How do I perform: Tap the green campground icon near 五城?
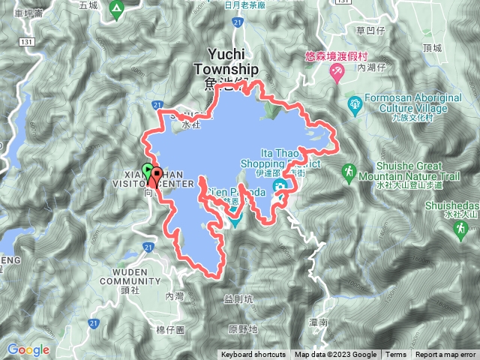(115, 9)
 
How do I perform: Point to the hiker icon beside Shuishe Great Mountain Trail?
(348, 173)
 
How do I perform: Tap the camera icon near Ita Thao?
(279, 186)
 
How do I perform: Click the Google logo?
(28, 349)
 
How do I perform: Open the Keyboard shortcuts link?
(253, 355)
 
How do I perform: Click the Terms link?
(396, 355)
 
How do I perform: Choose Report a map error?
(445, 355)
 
